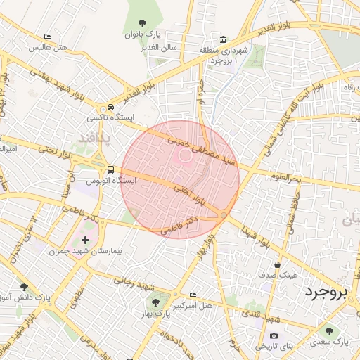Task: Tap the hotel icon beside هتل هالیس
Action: [47, 37]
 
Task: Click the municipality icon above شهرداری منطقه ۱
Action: [223, 39]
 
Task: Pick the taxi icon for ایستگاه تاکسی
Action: [110, 108]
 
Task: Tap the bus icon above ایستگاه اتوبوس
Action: [110, 169]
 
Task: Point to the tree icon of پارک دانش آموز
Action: [25, 287]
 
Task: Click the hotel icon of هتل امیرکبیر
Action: [193, 295]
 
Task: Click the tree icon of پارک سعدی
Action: [328, 330]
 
